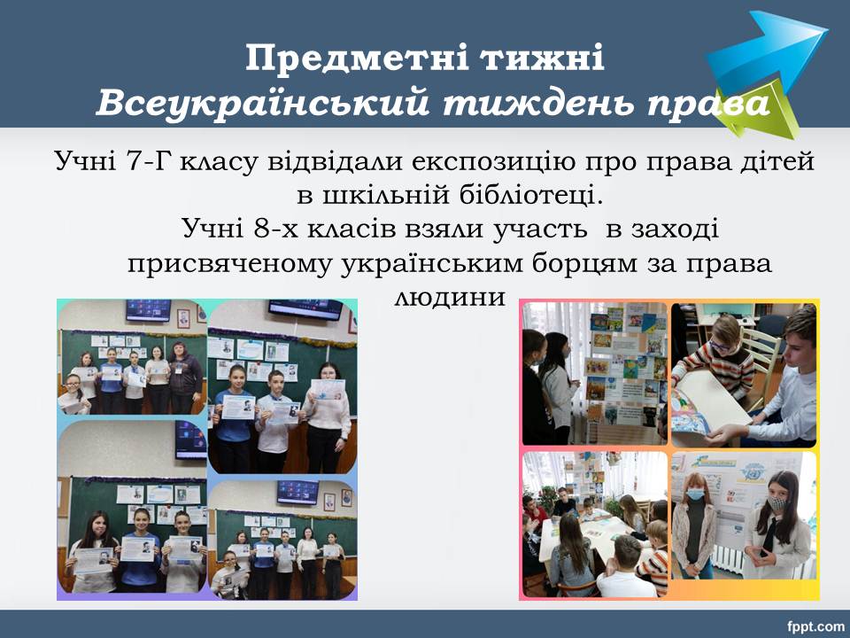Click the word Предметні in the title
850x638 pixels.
point(359,58)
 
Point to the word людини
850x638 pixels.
point(450,297)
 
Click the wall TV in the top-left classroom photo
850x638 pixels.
point(149,310)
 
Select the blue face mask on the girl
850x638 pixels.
point(695,494)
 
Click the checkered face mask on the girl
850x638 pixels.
point(777,502)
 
